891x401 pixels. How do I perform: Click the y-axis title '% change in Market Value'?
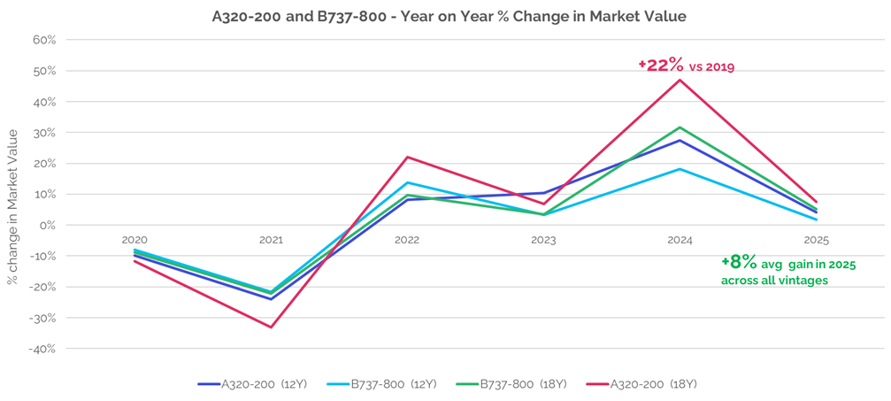click(x=12, y=206)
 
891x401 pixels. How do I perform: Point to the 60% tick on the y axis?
click(x=43, y=40)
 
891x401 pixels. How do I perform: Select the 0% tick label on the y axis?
click(x=47, y=226)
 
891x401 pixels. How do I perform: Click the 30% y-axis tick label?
click(x=43, y=133)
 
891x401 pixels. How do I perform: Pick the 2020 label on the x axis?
click(x=134, y=240)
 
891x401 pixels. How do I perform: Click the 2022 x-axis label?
click(x=407, y=240)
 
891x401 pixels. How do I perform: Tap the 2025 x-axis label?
click(x=817, y=240)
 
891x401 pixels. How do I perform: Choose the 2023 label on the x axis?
click(x=543, y=240)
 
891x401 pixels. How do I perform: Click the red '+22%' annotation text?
click(x=661, y=65)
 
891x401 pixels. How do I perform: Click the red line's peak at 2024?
click(x=680, y=80)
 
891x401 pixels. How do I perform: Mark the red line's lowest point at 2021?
click(x=271, y=328)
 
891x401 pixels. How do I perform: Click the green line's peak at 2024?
click(x=680, y=127)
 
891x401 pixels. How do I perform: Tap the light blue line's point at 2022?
click(x=407, y=182)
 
